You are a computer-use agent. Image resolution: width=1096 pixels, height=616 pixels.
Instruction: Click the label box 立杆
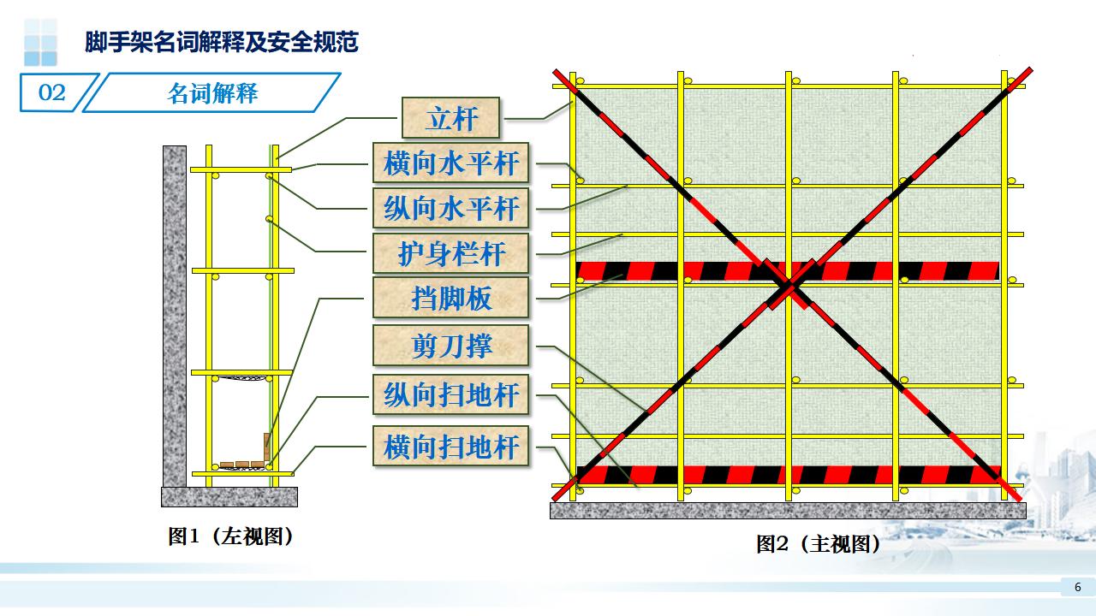pos(450,117)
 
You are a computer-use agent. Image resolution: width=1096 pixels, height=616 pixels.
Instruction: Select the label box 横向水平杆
pos(451,163)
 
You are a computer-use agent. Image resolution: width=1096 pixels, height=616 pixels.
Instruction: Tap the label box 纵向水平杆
pos(451,208)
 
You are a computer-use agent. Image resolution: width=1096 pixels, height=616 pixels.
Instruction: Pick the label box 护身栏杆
pos(451,253)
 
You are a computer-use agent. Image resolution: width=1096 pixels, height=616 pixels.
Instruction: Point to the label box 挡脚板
pos(451,299)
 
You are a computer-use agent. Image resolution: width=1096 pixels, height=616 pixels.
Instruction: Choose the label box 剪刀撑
pos(451,346)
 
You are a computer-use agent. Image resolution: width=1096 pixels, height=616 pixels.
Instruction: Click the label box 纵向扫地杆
pos(451,395)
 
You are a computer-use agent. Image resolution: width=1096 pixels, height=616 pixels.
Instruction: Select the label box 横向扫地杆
pos(451,446)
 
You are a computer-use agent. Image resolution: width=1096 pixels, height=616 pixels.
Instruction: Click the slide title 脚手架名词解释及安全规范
pos(221,42)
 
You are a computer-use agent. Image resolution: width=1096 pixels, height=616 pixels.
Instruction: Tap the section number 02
pos(52,92)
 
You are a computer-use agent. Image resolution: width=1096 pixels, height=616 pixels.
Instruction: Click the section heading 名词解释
pos(211,92)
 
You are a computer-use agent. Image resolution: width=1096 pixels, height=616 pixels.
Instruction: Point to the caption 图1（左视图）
pos(230,536)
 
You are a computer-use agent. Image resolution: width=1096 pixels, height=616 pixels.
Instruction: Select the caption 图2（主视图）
pos(818,543)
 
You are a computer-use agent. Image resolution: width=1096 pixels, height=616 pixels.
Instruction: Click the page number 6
pos(1077,587)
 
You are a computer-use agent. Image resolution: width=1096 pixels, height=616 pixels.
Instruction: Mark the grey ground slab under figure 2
pos(788,510)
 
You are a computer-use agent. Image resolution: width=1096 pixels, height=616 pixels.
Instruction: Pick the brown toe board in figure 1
pos(267,447)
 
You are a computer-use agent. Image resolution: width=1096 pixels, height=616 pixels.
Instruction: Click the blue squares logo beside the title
pos(39,42)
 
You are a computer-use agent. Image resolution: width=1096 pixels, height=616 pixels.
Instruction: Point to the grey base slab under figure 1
pos(229,496)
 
